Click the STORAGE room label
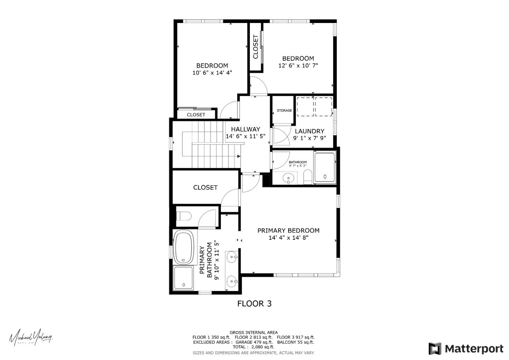[284, 111]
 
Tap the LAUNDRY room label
[309, 131]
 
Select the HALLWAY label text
[245, 129]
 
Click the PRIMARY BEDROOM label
[288, 231]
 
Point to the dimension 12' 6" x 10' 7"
[298, 65]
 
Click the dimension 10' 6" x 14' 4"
[212, 73]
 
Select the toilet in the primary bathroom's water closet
[184, 216]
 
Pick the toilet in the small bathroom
[308, 177]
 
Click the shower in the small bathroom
[324, 167]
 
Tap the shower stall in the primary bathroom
[183, 278]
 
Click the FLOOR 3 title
[254, 303]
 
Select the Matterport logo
[466, 349]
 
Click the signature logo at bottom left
[31, 337]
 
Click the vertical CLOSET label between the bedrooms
[256, 47]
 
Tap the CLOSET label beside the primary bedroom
[205, 187]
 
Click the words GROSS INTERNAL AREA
[253, 332]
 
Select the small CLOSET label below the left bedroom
[196, 115]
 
